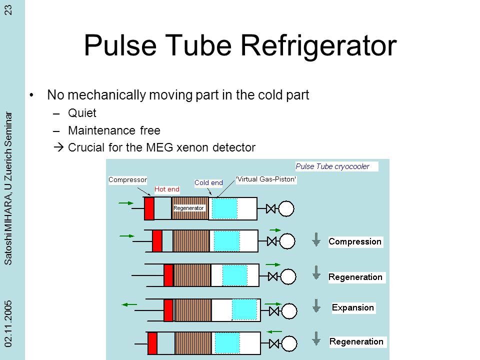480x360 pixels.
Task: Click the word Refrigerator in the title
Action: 318,45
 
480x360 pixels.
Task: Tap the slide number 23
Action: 8,10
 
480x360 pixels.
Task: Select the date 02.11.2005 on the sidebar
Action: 8,323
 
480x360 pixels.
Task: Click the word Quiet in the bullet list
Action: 82,113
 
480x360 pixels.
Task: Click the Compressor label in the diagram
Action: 127,179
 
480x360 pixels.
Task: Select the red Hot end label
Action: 167,189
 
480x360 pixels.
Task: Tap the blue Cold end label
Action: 208,183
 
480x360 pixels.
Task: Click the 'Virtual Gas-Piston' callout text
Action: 266,179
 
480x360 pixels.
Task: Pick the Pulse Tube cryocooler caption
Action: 332,166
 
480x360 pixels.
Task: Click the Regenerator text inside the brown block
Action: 188,208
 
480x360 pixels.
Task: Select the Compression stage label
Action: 355,241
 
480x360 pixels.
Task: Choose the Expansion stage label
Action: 352,307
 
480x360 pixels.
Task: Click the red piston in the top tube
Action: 149,208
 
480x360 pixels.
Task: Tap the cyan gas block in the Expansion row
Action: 244,309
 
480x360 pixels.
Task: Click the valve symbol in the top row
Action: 271,209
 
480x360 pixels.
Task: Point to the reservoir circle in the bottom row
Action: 289,343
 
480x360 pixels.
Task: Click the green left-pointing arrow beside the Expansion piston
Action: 129,304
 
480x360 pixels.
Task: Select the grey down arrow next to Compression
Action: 316,239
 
